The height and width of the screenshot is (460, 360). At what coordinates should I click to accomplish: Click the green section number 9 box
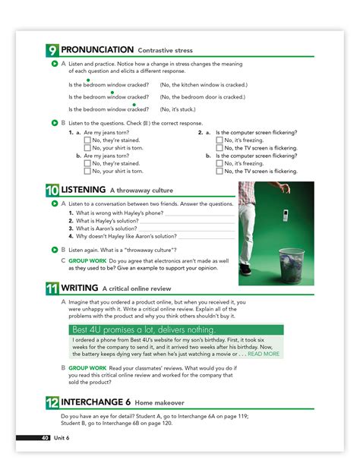(52, 50)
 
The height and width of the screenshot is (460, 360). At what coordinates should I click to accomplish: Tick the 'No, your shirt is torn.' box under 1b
(87, 171)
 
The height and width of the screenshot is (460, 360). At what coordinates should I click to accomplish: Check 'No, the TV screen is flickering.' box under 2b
(219, 171)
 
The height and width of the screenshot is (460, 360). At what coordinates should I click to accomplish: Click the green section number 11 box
(52, 288)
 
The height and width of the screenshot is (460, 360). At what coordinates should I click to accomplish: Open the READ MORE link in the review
(264, 354)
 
